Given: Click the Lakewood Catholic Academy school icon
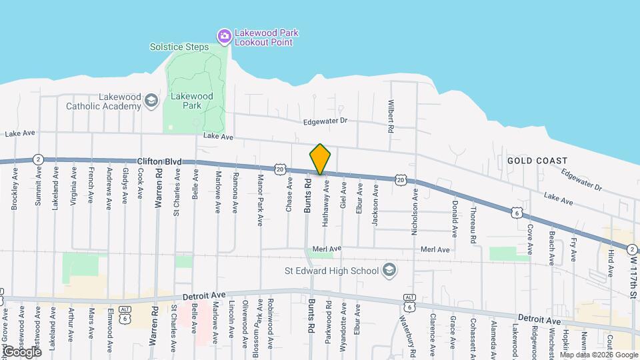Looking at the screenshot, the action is [151, 101].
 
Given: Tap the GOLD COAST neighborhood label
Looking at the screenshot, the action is [537, 161].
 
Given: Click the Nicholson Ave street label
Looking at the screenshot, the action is [415, 209].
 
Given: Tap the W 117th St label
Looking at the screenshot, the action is [633, 273].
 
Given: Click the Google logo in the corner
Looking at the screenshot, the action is [21, 351].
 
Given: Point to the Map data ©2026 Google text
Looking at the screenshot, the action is [599, 355].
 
